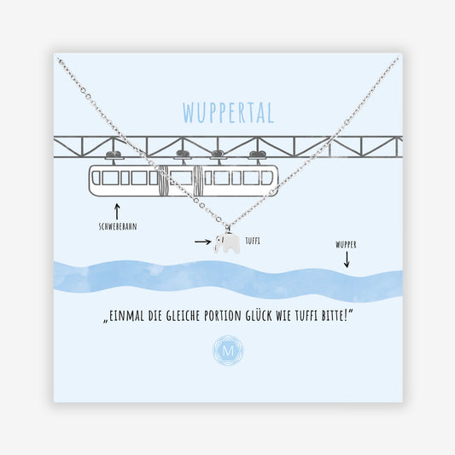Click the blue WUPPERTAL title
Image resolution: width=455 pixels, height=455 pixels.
(x=228, y=113)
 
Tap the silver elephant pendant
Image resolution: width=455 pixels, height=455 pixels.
(x=228, y=243)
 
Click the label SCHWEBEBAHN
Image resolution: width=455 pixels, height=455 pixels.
(x=118, y=226)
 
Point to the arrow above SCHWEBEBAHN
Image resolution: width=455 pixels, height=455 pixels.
(x=117, y=212)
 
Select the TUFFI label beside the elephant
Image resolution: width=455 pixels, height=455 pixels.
(x=253, y=241)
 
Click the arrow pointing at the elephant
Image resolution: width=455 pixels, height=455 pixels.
(x=203, y=242)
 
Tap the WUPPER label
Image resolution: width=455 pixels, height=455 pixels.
(x=346, y=245)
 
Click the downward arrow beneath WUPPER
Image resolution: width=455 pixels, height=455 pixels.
(x=347, y=260)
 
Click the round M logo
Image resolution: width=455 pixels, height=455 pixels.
(x=228, y=351)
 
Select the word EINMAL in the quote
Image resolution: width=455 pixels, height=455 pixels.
(x=126, y=316)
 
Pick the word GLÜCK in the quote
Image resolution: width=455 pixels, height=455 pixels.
(x=259, y=315)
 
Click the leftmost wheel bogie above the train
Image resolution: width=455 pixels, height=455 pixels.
(x=114, y=155)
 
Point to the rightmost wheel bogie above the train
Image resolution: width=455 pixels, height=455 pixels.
(x=258, y=155)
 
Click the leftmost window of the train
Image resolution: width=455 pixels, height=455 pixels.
(x=96, y=178)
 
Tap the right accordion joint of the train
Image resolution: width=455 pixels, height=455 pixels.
(x=199, y=180)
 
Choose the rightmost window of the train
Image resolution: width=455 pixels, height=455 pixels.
(x=266, y=178)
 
